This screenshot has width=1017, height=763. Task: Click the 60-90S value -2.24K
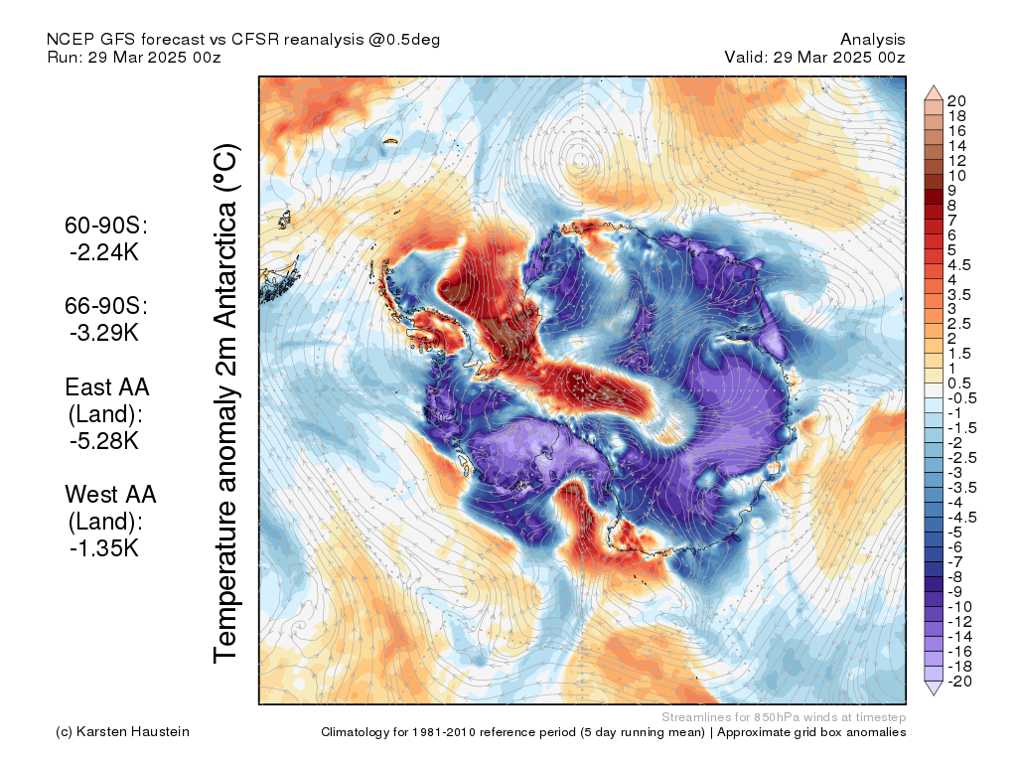pyautogui.click(x=103, y=252)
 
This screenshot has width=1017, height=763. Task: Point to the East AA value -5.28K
pyautogui.click(x=103, y=440)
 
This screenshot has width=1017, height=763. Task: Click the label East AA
pyautogui.click(x=106, y=386)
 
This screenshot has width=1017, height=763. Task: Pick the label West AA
pyautogui.click(x=110, y=493)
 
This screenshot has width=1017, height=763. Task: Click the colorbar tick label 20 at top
pyautogui.click(x=957, y=100)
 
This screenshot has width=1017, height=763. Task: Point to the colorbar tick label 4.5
pyautogui.click(x=960, y=264)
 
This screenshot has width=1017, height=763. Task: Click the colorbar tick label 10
pyautogui.click(x=957, y=175)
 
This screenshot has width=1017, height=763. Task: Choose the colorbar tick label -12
pyautogui.click(x=960, y=621)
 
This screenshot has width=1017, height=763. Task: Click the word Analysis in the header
pyautogui.click(x=872, y=39)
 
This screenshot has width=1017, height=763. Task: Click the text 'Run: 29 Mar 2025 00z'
pyautogui.click(x=134, y=57)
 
